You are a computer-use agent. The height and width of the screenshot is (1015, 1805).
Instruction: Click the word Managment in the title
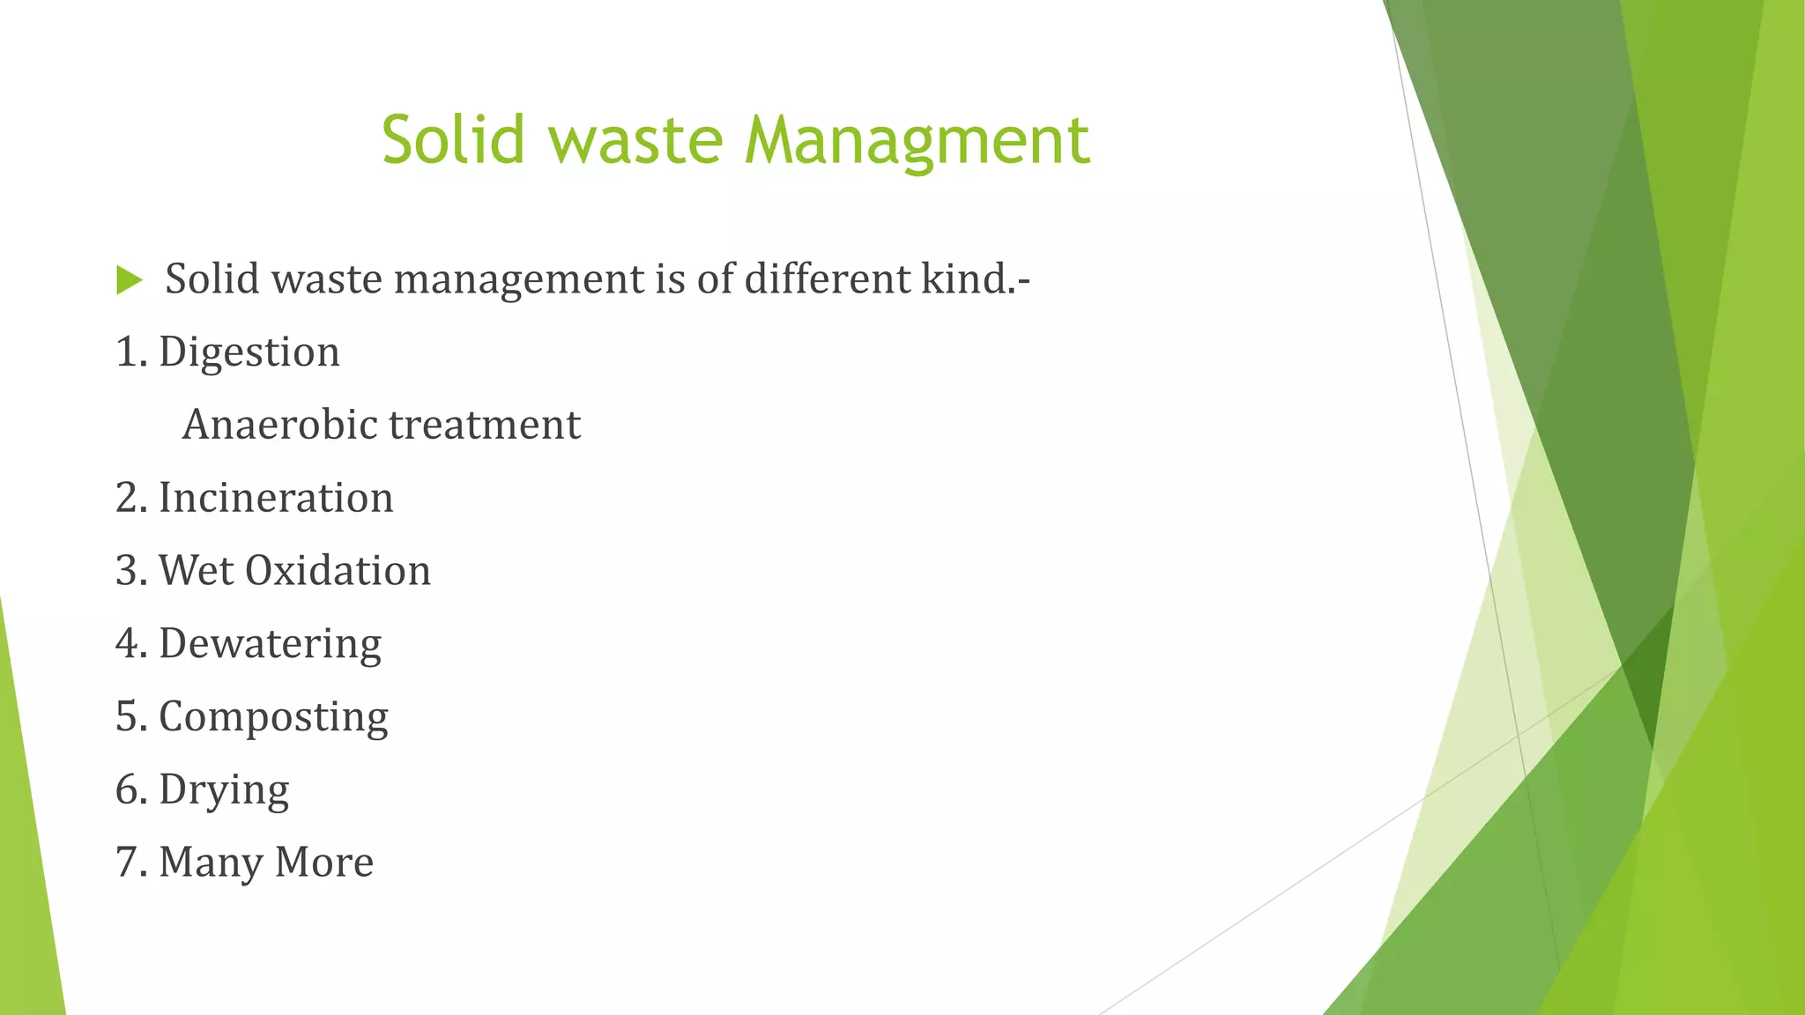pyautogui.click(x=917, y=141)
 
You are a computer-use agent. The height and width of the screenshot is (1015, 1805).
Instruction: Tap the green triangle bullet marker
pyautogui.click(x=129, y=281)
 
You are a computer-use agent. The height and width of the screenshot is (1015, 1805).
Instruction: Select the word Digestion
pyautogui.click(x=249, y=352)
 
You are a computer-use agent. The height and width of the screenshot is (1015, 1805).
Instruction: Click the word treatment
pyautogui.click(x=485, y=425)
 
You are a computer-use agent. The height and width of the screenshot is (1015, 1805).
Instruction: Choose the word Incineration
pyautogui.click(x=276, y=498)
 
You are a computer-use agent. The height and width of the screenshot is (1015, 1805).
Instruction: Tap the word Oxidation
pyautogui.click(x=338, y=571)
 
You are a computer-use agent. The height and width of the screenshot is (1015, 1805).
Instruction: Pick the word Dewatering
pyautogui.click(x=270, y=644)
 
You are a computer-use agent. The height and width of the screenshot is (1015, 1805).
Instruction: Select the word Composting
pyautogui.click(x=273, y=717)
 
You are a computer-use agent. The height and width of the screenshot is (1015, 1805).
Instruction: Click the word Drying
pyautogui.click(x=224, y=790)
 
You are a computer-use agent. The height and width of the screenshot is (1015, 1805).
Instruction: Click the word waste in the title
pyautogui.click(x=636, y=141)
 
